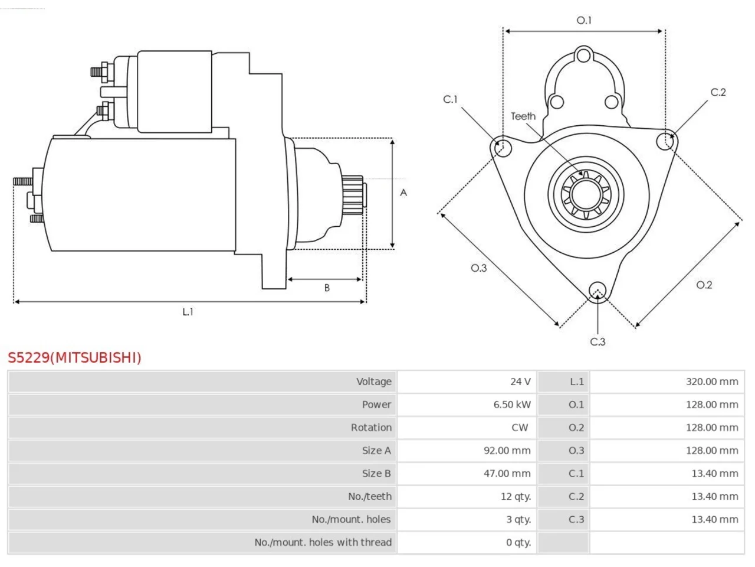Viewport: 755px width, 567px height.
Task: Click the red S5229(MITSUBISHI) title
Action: click(x=74, y=358)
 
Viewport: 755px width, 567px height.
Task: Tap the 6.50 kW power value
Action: click(x=512, y=405)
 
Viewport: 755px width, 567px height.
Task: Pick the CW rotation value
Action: click(x=520, y=428)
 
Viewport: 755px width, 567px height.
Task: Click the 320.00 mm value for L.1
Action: click(x=712, y=382)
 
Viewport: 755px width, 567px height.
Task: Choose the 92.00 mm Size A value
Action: click(x=507, y=450)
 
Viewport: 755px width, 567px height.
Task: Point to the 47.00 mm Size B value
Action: click(x=507, y=473)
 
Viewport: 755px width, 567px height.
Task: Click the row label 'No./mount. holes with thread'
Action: click(x=323, y=542)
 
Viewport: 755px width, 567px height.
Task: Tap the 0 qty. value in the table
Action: click(x=518, y=542)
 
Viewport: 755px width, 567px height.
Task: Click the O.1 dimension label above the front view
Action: click(x=584, y=20)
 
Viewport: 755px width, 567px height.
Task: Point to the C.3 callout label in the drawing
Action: click(x=598, y=342)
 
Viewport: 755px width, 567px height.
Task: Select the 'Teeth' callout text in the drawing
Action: click(x=523, y=116)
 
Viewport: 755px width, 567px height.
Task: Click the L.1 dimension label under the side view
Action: click(x=188, y=312)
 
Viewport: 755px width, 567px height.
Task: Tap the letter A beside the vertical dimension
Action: click(x=403, y=193)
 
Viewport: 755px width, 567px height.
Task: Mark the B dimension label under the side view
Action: click(x=327, y=288)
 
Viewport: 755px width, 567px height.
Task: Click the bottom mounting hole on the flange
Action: click(x=598, y=290)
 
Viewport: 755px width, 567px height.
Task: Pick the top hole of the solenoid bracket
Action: click(x=583, y=56)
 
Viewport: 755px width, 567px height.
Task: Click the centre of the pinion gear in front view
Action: click(x=586, y=194)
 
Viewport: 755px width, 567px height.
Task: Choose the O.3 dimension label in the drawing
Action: click(x=478, y=268)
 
